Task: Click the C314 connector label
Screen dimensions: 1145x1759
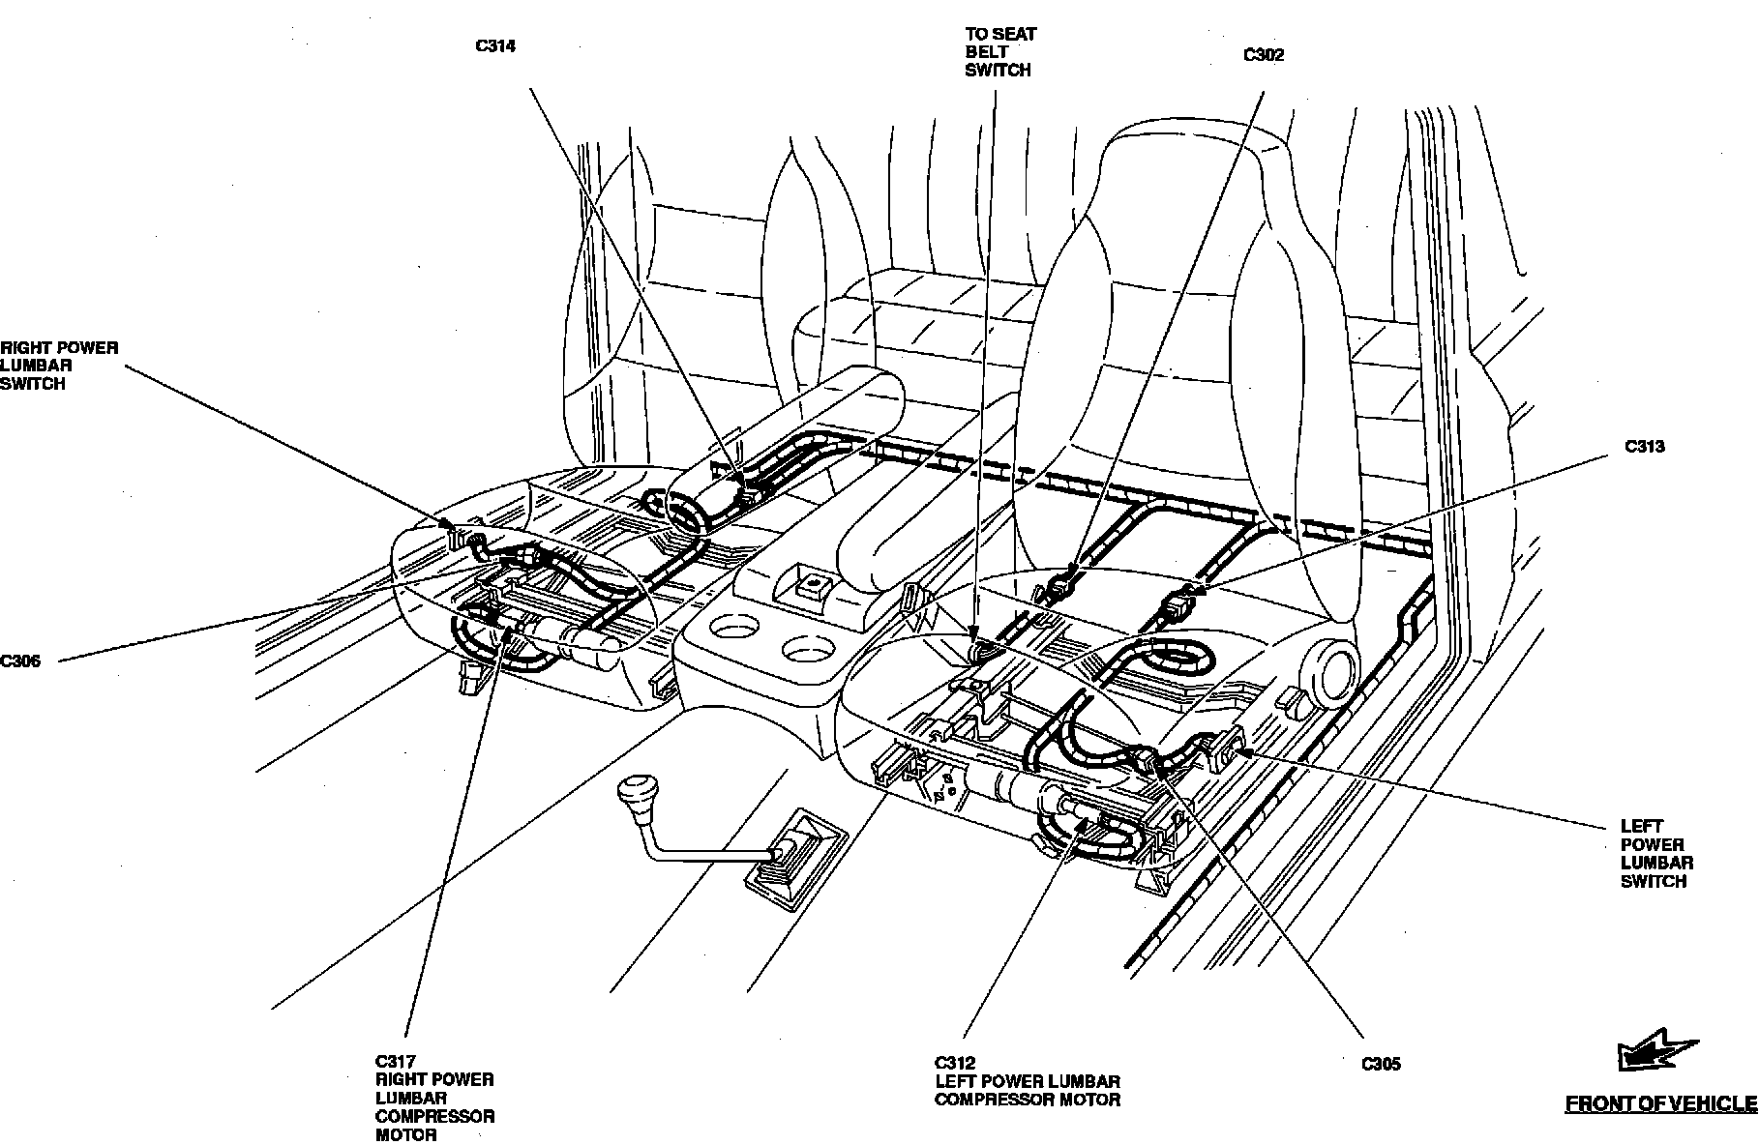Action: [495, 45]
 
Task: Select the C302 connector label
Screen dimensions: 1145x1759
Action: [1263, 55]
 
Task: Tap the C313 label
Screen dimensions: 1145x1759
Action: [1644, 447]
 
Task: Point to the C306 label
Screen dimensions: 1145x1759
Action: [20, 661]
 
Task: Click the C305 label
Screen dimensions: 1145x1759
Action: [1380, 1065]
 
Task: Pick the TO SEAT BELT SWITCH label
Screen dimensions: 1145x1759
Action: [999, 52]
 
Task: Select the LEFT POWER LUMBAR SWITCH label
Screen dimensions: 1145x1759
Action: [1656, 854]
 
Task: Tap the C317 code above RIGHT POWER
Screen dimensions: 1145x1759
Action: [395, 1061]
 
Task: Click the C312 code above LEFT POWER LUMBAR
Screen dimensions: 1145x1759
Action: [955, 1063]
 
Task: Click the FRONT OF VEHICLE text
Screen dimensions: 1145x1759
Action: [1660, 1103]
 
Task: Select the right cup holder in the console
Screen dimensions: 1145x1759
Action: [807, 649]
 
